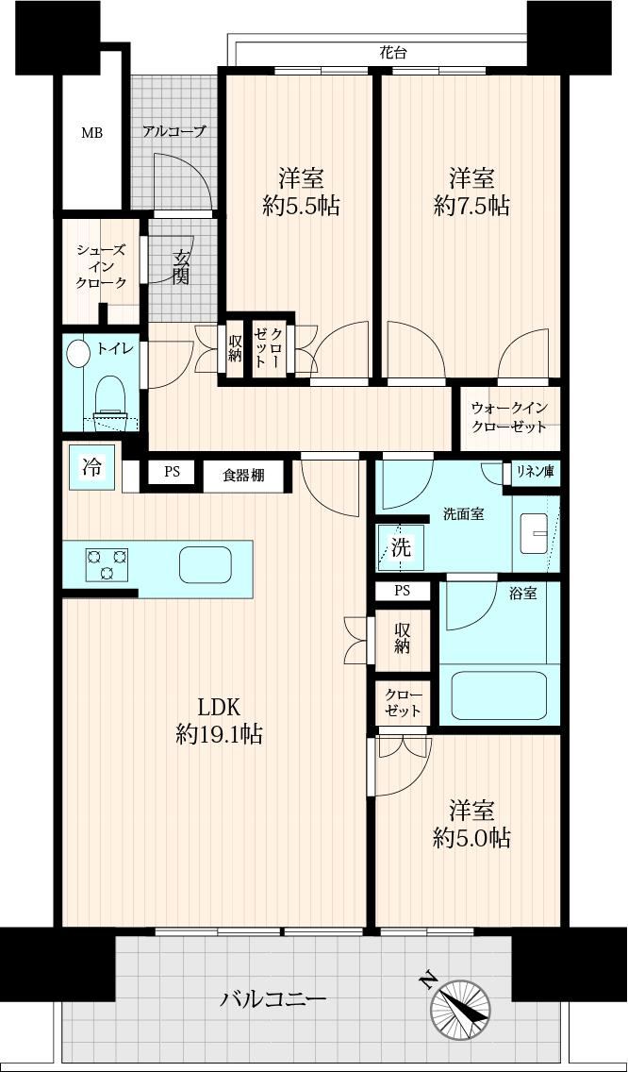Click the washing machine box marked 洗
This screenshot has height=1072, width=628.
click(401, 547)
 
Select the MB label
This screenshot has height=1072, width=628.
click(92, 133)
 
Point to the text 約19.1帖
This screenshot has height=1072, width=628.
click(218, 735)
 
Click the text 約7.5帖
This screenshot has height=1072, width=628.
click(471, 205)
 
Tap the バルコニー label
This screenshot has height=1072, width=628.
click(273, 1000)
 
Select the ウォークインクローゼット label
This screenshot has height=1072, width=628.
click(508, 417)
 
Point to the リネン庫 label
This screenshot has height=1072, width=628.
click(535, 471)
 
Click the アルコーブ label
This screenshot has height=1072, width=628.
click(174, 131)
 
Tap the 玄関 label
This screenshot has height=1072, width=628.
click(181, 269)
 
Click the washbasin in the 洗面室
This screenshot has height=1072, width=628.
click(535, 533)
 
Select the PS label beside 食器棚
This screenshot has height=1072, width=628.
click(173, 471)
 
